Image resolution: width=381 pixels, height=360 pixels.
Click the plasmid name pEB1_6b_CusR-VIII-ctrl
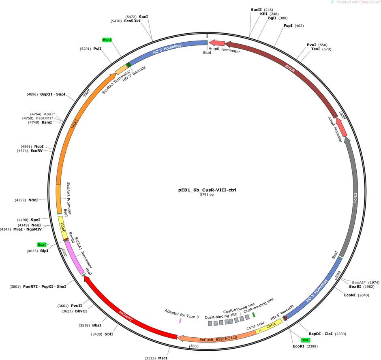pyautogui.click(x=207, y=190)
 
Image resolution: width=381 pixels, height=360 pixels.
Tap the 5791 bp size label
pyautogui.click(x=207, y=195)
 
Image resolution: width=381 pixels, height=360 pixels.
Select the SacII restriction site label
pyautogui.click(x=256, y=10)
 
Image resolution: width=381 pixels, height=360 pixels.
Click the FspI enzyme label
pyautogui.click(x=288, y=26)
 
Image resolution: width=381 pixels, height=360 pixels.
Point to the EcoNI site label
pyautogui.click(x=350, y=295)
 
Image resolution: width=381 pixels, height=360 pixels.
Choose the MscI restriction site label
pyautogui.click(x=163, y=358)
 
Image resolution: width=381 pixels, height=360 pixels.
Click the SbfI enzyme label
pyautogui.click(x=109, y=334)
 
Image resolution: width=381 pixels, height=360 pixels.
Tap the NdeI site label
pyautogui.click(x=33, y=200)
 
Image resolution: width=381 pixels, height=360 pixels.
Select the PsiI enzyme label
pyautogui.click(x=97, y=49)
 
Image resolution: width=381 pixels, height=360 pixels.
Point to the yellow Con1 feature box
pyautogui.click(x=271, y=325)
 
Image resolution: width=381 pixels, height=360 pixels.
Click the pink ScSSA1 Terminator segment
pyautogui.click(x=74, y=258)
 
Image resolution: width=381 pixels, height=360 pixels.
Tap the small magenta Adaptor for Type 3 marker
pyautogui.click(x=180, y=321)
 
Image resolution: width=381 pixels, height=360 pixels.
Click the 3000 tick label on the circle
pyautogui.click(x=195, y=346)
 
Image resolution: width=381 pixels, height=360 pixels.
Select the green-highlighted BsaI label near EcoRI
pyautogui.click(x=306, y=340)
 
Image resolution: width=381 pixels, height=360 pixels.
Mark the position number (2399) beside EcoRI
pyautogui.click(x=312, y=346)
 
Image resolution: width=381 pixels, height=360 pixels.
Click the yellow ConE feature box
pyautogui.click(x=63, y=228)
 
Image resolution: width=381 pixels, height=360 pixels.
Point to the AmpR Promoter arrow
pyautogui.click(x=341, y=127)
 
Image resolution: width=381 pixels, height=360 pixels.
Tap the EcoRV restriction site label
pyautogui.click(x=36, y=151)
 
